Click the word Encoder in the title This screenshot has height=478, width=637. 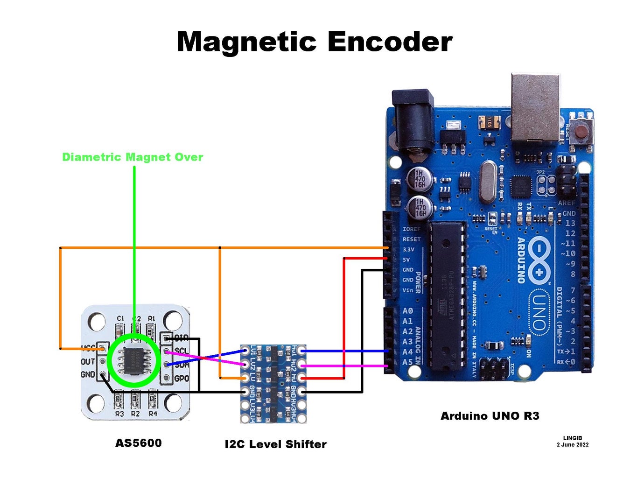390,42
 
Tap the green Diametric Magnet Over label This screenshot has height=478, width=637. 133,157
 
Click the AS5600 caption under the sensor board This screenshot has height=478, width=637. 139,443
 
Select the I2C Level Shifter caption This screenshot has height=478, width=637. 275,444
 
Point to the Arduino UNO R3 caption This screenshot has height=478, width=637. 490,416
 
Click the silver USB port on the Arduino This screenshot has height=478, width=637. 535,107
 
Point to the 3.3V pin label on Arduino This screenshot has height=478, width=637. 408,250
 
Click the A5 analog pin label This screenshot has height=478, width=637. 407,362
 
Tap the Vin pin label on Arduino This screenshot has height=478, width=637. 408,290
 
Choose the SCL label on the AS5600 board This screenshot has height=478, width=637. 181,351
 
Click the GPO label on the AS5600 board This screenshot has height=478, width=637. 181,379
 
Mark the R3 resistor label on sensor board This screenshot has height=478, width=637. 119,414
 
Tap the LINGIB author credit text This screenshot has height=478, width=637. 572,438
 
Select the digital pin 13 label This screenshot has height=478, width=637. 570,223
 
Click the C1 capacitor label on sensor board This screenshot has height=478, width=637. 120,318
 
